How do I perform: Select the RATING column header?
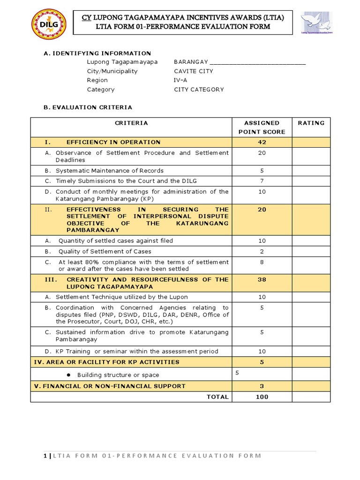(x=311, y=123)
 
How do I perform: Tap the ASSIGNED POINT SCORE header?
(x=262, y=127)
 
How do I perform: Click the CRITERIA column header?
(x=131, y=123)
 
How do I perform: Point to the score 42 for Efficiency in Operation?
(x=262, y=142)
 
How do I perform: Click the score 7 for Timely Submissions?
(x=262, y=180)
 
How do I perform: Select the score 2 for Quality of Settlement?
(x=262, y=251)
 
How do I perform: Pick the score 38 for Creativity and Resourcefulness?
(x=262, y=279)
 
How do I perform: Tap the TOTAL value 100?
(x=262, y=397)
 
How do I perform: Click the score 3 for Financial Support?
(x=262, y=386)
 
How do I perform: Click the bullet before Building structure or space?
(x=68, y=375)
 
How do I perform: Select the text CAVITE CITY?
(x=193, y=71)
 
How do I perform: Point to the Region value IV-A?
(x=181, y=80)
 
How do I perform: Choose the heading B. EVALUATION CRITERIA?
(x=88, y=107)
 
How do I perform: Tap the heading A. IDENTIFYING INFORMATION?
(x=97, y=53)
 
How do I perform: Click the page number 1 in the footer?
(x=45, y=456)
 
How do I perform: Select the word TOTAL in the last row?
(x=217, y=397)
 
